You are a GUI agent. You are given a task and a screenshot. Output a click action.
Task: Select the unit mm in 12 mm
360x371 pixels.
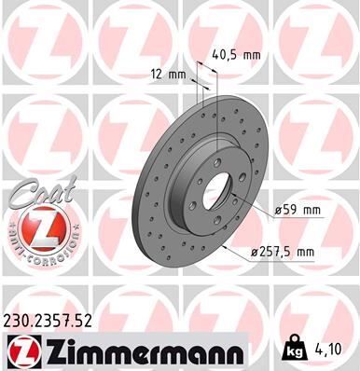pos(177,73)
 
